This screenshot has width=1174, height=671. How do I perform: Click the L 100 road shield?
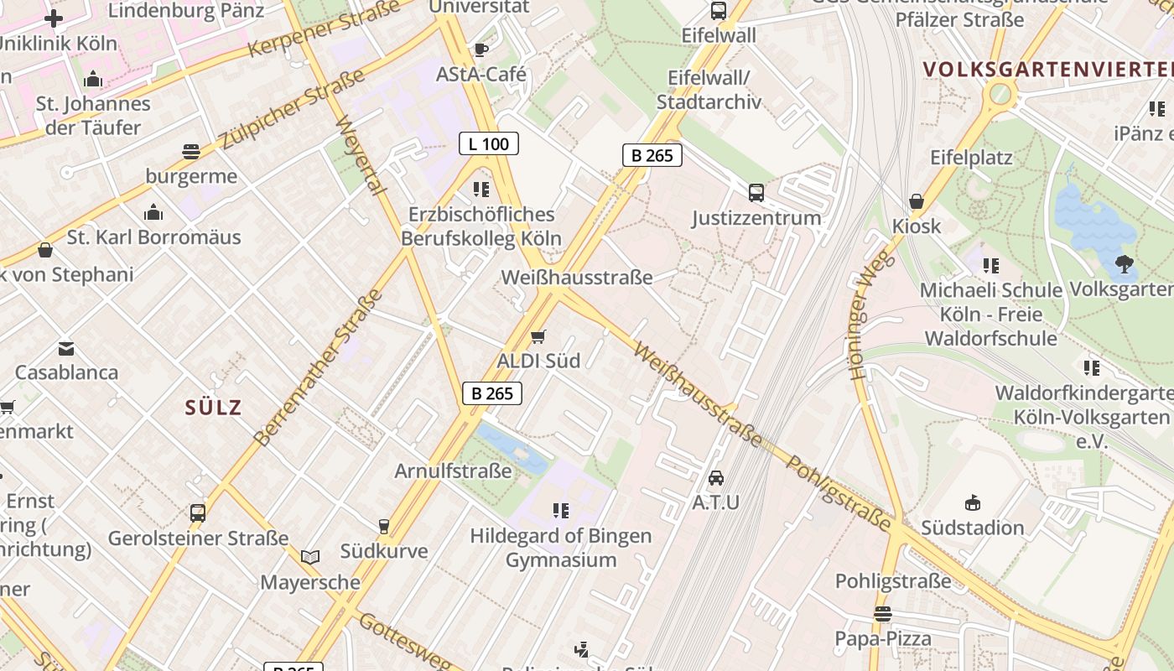point(489,143)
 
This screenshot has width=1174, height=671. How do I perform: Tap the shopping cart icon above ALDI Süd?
point(538,336)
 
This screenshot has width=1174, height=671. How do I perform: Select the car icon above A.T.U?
point(715,478)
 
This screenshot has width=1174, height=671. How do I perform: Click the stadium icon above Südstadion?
point(972,503)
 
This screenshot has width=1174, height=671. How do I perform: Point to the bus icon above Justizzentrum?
point(756,193)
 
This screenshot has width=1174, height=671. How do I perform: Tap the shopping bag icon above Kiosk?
point(917,201)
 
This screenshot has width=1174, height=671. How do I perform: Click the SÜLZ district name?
point(213,408)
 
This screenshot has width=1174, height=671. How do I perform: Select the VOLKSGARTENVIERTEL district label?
point(1048,69)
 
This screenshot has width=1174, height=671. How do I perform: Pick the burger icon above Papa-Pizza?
point(882,614)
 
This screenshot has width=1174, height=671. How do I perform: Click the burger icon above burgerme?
point(191,152)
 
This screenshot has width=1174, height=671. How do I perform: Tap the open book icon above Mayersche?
point(310,557)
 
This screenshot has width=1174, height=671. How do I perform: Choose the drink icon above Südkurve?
point(384,526)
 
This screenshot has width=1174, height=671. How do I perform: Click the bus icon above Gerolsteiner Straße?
point(198,512)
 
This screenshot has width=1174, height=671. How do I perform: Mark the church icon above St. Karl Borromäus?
point(153,212)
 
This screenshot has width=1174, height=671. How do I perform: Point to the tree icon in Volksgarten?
point(1124,264)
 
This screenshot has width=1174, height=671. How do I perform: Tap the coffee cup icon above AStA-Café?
point(481,49)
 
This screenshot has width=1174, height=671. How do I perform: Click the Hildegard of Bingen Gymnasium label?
point(560,548)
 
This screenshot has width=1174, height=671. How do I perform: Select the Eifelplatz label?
point(971,158)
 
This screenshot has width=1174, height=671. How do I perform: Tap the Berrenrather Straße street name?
point(318,367)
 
